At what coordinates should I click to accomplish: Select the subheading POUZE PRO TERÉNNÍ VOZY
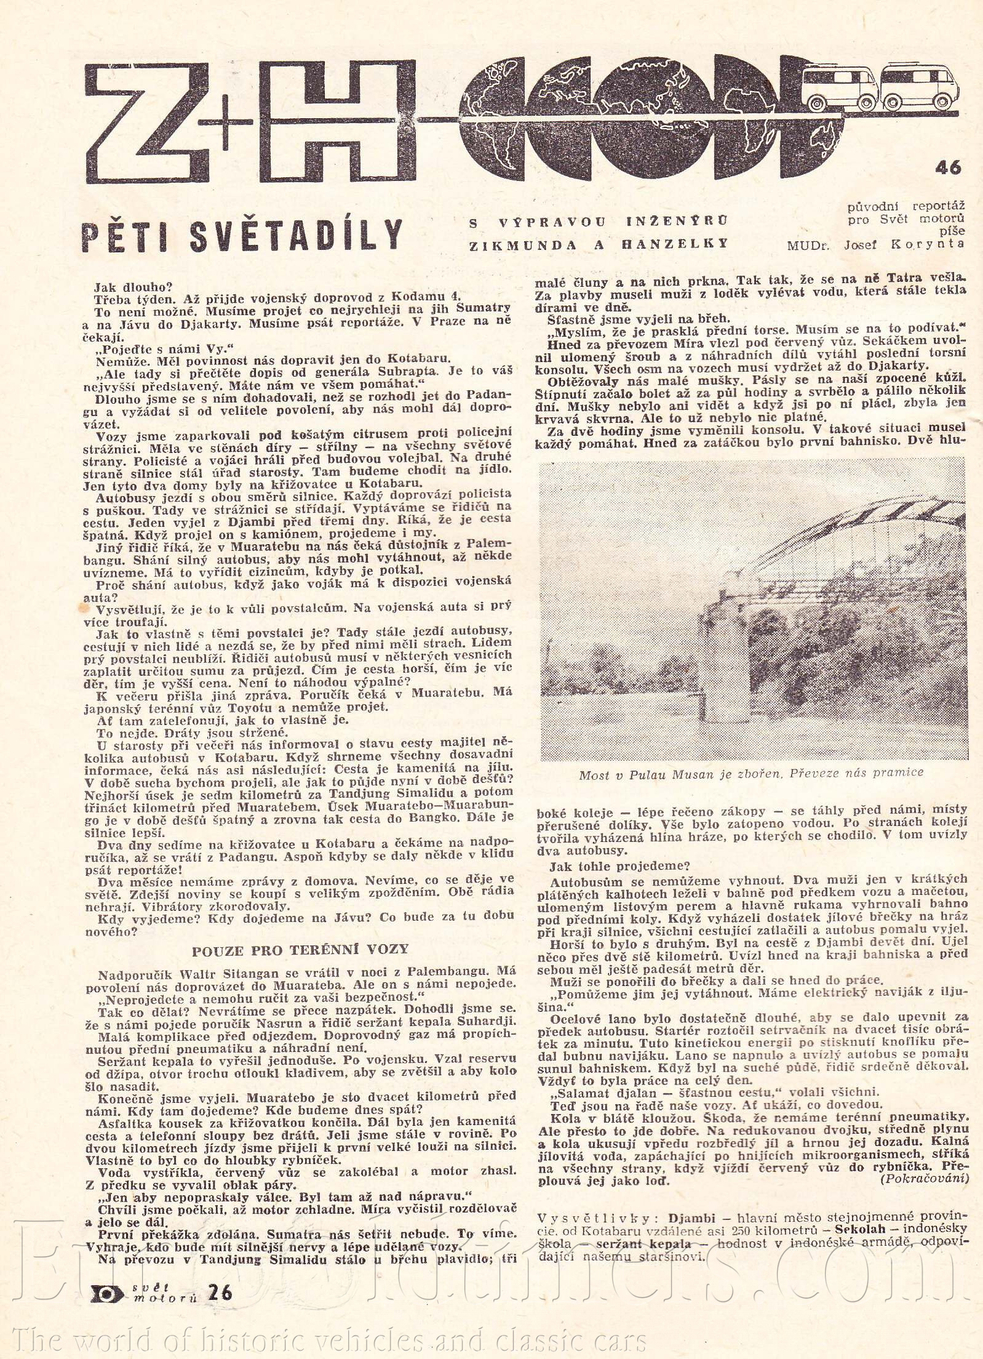(x=300, y=949)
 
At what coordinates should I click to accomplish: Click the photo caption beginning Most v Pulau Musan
(x=751, y=773)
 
